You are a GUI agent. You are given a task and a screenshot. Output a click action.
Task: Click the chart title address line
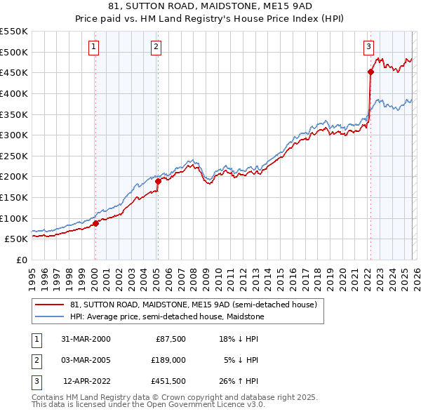(x=210, y=6)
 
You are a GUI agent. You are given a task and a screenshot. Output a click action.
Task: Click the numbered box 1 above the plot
(x=94, y=47)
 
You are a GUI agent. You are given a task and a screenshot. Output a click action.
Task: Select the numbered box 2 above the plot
(x=156, y=47)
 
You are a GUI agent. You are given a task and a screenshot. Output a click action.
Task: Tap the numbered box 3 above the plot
(x=368, y=47)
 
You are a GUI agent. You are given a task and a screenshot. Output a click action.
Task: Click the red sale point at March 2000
(x=95, y=224)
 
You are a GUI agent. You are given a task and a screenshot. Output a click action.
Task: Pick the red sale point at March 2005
(x=158, y=181)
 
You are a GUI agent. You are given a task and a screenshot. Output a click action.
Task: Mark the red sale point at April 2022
(x=370, y=72)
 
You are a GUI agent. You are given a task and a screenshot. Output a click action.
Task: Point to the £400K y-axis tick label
(x=14, y=93)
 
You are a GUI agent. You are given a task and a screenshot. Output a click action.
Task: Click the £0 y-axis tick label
(x=21, y=260)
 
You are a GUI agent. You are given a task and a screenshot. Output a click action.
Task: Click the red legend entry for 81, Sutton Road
(x=194, y=305)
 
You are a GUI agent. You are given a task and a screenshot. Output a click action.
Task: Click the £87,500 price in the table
(x=170, y=338)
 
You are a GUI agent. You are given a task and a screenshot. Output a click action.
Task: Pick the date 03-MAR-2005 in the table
(x=86, y=360)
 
